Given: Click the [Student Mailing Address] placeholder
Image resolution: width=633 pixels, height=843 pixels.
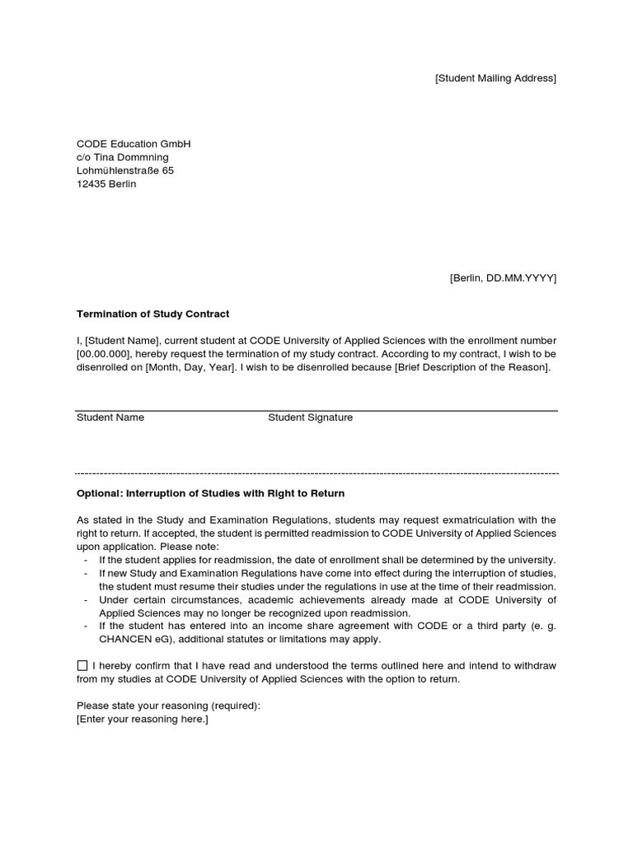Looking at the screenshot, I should point(495,78).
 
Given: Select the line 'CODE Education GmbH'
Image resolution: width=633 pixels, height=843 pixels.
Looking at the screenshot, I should point(133,144).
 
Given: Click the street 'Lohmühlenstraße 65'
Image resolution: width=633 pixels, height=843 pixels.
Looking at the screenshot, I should point(125,170).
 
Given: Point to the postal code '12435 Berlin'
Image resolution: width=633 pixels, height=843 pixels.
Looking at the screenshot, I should point(106,184).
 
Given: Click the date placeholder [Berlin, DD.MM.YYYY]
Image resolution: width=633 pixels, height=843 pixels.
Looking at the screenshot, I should point(503,278).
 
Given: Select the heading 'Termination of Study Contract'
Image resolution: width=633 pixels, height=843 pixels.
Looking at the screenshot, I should point(152,314).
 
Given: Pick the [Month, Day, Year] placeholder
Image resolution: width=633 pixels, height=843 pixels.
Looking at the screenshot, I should point(190,367).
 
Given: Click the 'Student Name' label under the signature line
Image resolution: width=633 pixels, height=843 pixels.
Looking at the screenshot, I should point(110,417).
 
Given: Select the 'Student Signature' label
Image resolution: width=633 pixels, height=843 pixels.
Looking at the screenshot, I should point(310,417).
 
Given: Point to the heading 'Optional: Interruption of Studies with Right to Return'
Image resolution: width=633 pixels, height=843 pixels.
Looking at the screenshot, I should point(210,493).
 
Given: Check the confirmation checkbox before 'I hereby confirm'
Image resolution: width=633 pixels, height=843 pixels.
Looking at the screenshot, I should point(82,665).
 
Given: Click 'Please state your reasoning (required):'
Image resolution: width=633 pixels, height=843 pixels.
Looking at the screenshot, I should point(168,706).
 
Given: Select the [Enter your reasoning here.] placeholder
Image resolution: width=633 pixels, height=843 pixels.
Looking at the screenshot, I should point(143,720).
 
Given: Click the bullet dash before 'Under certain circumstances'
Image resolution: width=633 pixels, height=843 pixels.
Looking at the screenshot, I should point(87,600).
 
